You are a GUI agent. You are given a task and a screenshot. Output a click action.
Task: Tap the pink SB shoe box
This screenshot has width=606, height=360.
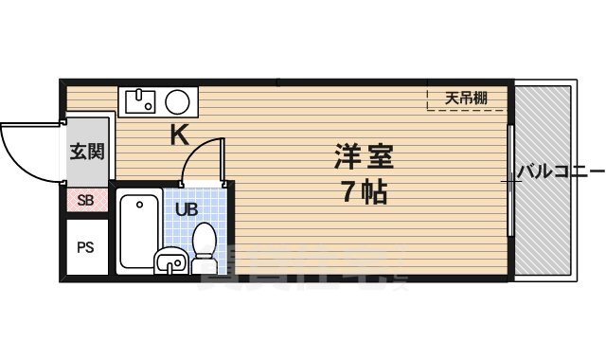pos(86,200)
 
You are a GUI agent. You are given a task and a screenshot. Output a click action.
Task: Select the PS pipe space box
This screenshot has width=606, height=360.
pos(86,247)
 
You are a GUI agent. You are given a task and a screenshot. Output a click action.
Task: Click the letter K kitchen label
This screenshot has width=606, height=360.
pos(179,135)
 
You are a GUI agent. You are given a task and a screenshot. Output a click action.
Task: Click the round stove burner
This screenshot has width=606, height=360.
pos(177,100)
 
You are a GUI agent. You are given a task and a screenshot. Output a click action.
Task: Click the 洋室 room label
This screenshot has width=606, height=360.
pos(363,154)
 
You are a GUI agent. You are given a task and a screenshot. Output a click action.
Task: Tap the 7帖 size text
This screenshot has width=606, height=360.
pos(364,193)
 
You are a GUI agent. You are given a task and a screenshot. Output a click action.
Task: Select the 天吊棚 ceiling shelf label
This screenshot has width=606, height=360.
pos(467,98)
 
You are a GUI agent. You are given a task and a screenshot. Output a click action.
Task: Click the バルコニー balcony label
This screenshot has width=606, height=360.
pos(560,172)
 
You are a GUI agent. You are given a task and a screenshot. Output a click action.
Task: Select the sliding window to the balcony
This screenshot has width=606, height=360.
pos(510,180)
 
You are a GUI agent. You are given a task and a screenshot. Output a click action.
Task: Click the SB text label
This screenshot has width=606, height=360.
pos(86,200)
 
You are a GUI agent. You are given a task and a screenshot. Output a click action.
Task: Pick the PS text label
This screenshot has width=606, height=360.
pos(86,248)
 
